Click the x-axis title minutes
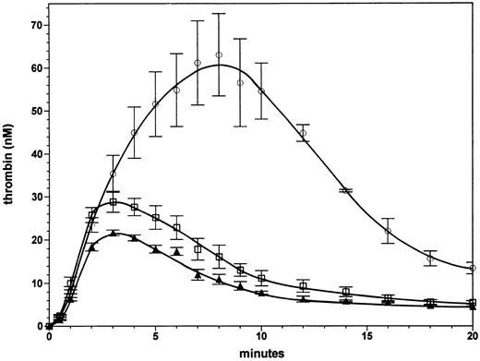coord(263,351)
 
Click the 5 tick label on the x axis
coord(155,337)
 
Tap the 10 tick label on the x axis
coord(261,337)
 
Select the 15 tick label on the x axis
coord(367,337)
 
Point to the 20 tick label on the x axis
coord(473,337)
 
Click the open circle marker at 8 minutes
coord(219,55)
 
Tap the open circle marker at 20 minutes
coord(473,268)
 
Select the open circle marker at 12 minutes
coord(303,134)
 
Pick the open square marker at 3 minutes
coord(113,202)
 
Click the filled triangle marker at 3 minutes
coord(113,234)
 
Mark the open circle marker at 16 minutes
coord(388,231)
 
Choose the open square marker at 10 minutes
coord(261,278)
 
